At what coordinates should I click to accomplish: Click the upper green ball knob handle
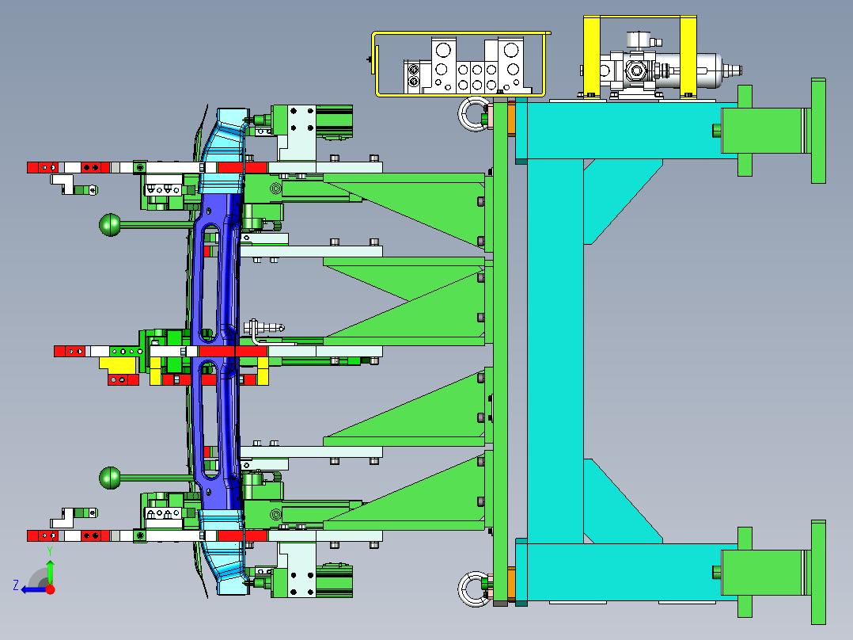coord(111,225)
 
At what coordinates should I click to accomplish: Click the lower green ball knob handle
coord(111,478)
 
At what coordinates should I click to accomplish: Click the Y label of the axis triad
coord(50,551)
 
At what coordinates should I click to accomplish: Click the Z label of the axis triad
coord(16,585)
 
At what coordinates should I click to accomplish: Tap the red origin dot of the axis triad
coord(50,589)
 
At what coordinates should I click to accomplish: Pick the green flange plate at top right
coord(818,131)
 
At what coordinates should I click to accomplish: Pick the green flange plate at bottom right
coord(818,572)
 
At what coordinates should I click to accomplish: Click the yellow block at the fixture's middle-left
coord(117,364)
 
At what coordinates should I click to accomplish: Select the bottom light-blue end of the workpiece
coord(223,551)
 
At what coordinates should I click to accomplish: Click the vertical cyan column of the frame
coord(555,352)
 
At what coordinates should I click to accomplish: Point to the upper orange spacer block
coord(511,119)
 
